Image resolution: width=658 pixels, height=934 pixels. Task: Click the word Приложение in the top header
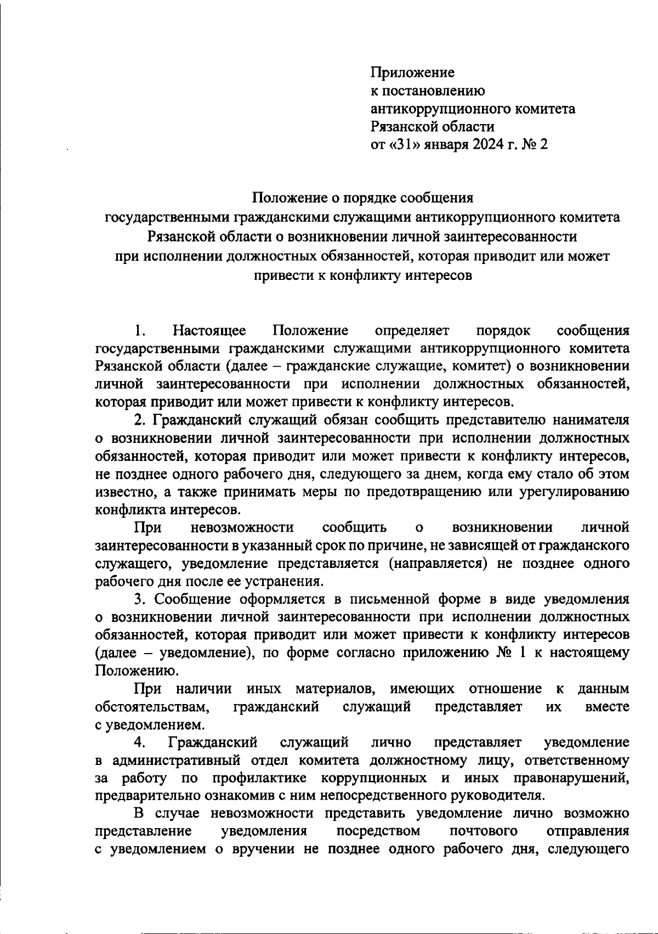tap(412, 72)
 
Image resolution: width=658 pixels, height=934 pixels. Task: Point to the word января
tap(444, 145)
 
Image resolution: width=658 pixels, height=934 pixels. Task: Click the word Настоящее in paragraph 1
tap(209, 330)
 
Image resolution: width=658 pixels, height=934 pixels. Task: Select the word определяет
tap(412, 330)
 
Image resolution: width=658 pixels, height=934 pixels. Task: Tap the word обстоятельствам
tap(152, 706)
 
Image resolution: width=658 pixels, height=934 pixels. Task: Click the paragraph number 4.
tap(139, 742)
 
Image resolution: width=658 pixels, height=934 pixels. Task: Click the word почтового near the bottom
tap(484, 831)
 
